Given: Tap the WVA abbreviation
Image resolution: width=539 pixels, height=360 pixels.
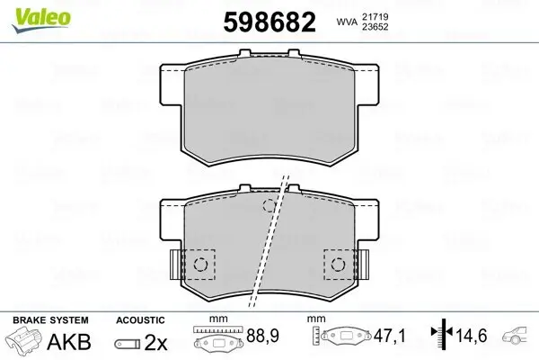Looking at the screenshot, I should (349, 21).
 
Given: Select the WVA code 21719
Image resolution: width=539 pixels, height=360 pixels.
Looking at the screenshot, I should (386, 15).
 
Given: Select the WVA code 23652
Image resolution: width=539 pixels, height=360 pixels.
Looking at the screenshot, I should (386, 27).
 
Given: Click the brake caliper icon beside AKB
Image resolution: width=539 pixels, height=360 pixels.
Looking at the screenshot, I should (24, 342).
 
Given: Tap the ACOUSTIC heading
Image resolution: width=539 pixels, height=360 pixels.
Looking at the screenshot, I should (140, 320).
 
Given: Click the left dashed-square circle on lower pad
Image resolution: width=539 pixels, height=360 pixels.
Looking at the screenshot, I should (201, 265).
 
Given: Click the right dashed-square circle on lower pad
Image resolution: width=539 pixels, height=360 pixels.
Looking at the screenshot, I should (339, 265).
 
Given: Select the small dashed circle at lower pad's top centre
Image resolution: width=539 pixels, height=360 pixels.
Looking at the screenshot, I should (269, 206).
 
